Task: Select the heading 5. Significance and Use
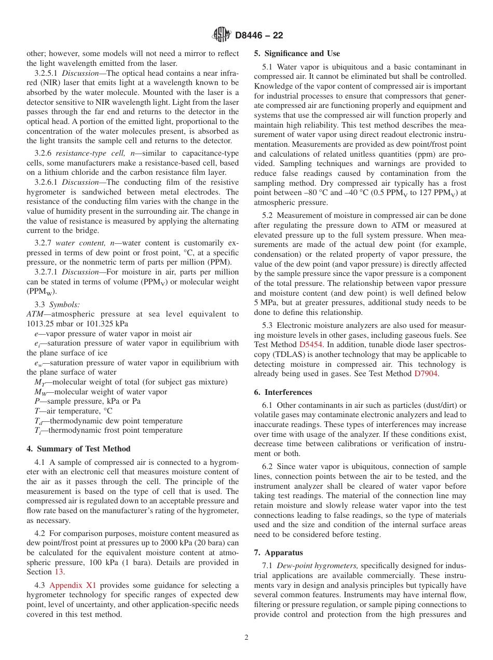pos(297,53)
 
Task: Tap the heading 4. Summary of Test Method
pos(78,449)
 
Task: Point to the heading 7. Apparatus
pos(278,553)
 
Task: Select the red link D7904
pos(426,374)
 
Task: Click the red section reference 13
pos(59,572)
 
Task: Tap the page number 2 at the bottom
pos(246,638)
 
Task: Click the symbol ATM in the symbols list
pos(36,314)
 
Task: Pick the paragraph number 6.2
pos(268,467)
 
